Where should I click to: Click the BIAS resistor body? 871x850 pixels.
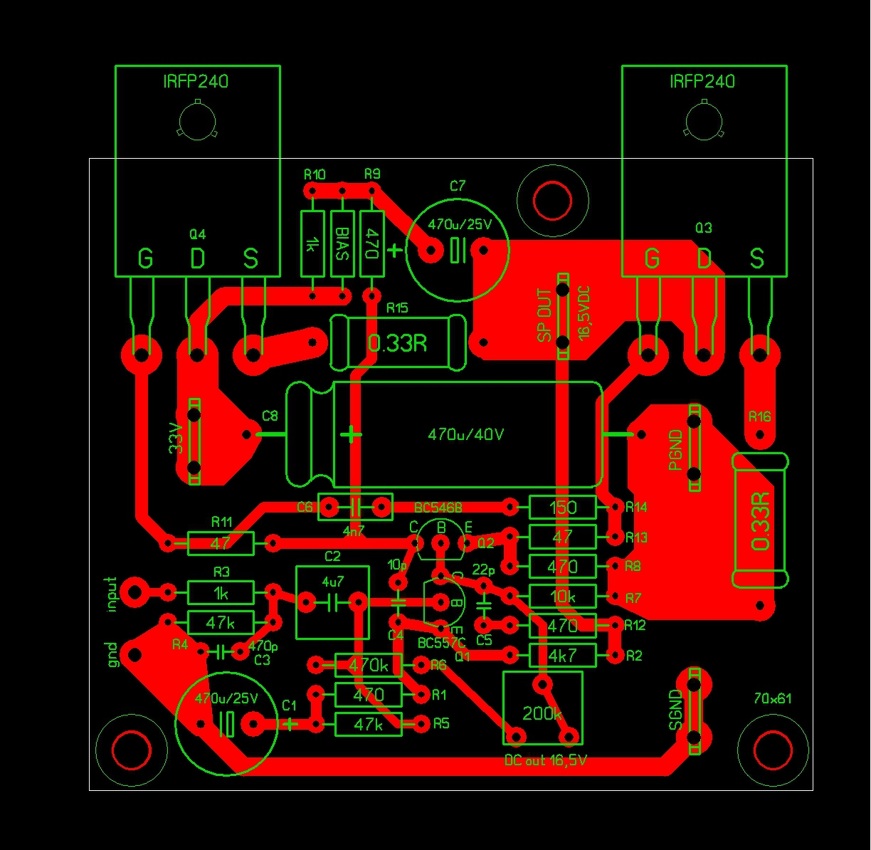342,243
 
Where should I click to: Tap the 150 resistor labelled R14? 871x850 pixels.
562,508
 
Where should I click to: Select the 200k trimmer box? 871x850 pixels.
542,708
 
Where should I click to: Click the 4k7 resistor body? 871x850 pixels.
562,654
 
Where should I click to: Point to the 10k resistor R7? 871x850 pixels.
562,596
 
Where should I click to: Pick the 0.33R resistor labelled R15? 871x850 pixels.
398,343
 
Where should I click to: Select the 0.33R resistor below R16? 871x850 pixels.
761,520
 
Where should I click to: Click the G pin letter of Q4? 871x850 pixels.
145,259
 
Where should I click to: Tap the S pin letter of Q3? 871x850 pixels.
756,259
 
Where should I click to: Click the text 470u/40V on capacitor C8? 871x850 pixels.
465,434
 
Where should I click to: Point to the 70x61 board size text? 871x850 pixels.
773,698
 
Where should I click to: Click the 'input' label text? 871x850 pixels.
110,594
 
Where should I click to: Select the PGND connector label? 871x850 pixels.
676,449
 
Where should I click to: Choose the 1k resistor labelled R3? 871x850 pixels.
221,592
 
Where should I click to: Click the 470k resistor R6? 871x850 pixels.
368,666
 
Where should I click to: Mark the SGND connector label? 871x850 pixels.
675,711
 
